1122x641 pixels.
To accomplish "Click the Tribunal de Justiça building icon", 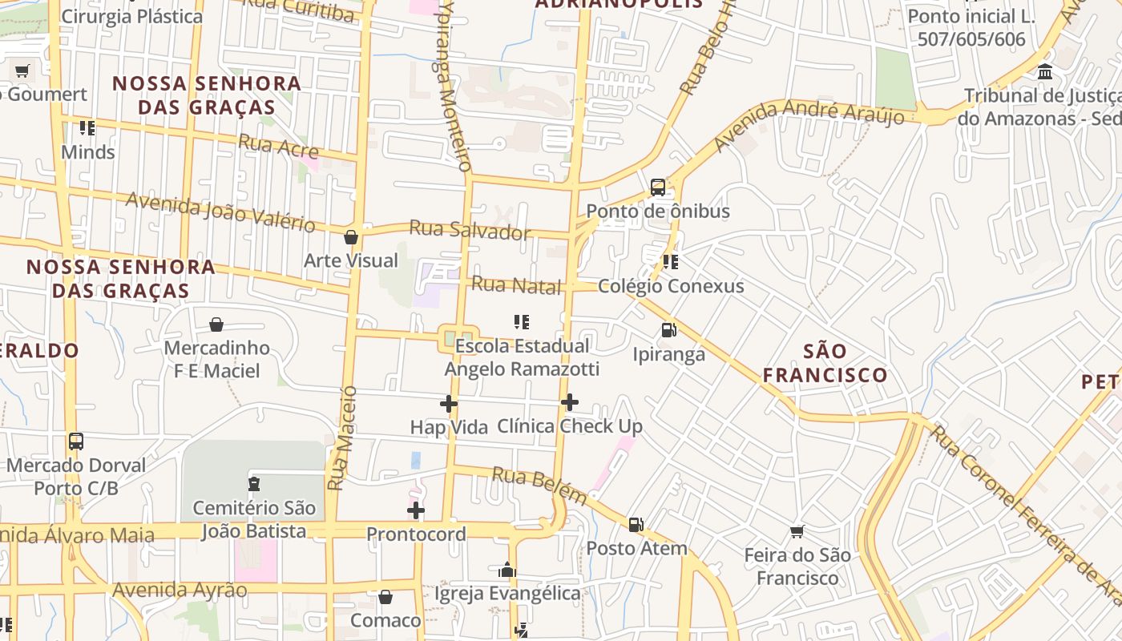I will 1045,72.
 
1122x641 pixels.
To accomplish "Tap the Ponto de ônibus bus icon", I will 658,187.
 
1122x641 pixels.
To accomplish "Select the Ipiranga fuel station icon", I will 668,330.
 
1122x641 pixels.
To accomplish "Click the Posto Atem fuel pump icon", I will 636,525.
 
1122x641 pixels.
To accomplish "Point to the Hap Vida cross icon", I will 449,404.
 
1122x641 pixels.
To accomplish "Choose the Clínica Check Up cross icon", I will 570,402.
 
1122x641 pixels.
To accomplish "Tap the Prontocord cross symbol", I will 416,510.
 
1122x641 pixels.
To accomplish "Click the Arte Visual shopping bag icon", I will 351,237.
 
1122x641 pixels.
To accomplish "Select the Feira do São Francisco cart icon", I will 797,531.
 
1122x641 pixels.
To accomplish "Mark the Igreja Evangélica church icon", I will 507,570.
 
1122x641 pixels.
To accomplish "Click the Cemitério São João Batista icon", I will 254,483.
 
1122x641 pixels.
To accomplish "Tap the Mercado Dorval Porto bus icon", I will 76,441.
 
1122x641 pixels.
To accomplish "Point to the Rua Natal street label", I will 516,284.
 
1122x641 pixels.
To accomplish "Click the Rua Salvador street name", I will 470,230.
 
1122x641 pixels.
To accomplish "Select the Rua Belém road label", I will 539,486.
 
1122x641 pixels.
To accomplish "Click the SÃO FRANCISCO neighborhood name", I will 825,363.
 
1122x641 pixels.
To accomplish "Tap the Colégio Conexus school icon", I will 671,262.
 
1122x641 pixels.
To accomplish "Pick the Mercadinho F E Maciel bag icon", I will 216,325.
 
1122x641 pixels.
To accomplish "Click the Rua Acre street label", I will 278,146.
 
